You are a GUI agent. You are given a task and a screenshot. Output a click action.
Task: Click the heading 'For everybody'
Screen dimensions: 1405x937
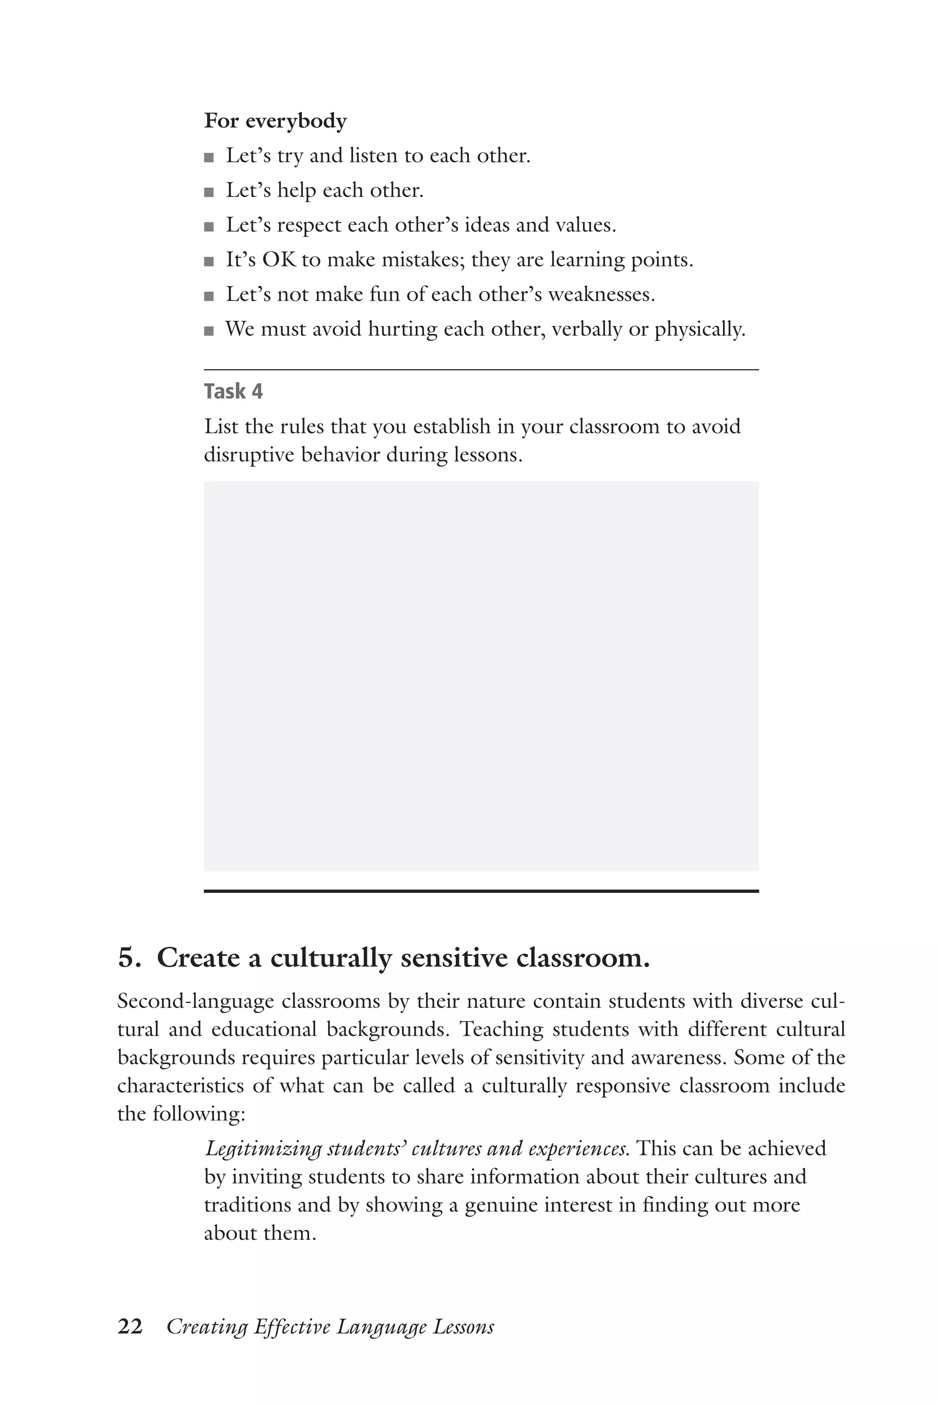coord(275,121)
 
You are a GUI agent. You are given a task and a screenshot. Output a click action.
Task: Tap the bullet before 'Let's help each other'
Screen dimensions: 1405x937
coord(209,193)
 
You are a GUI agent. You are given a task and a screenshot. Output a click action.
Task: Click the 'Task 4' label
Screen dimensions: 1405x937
coord(233,391)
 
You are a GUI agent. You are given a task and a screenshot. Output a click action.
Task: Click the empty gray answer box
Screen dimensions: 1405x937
coord(481,676)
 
